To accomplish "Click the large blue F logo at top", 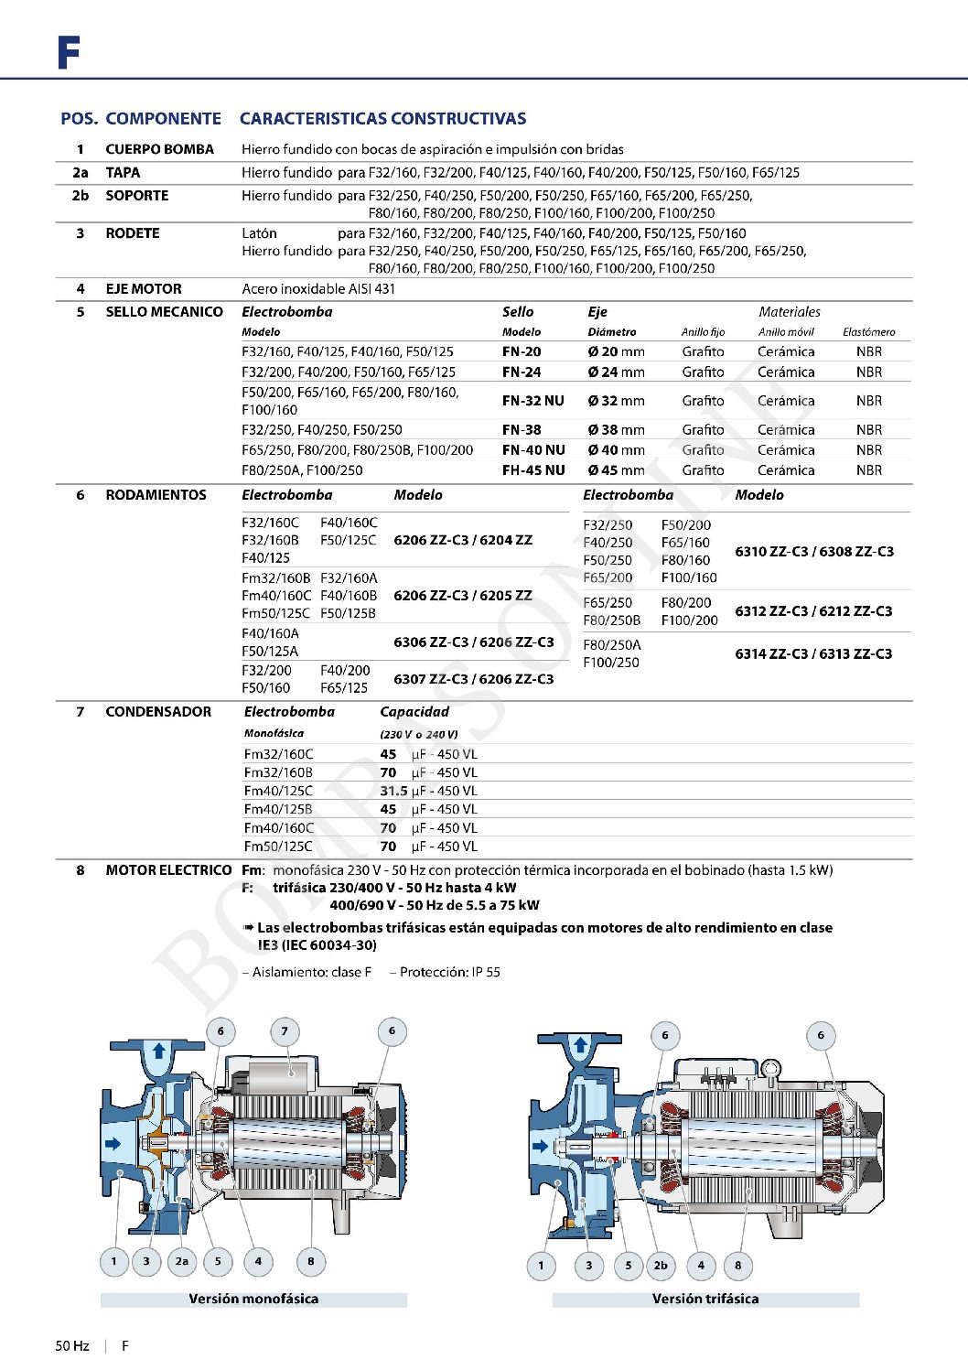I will (x=69, y=53).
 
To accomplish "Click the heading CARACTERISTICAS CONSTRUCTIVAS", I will (x=382, y=119).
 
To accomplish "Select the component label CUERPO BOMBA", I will (x=159, y=149).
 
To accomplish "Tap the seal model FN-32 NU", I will (x=533, y=401).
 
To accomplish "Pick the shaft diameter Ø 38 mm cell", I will (x=616, y=430).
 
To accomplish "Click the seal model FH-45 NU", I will (x=533, y=470).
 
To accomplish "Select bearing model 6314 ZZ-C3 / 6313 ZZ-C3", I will (x=813, y=654).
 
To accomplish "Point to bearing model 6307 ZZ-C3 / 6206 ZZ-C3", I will (x=473, y=679).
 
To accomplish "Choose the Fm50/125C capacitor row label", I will (x=278, y=847).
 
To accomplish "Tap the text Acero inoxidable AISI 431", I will (x=318, y=289).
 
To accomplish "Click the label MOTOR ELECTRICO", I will (x=168, y=870).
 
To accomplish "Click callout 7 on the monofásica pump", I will (x=285, y=1031).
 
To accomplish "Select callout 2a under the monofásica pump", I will (x=182, y=1261).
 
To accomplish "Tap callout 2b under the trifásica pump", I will (x=661, y=1266).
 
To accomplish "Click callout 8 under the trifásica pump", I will (x=738, y=1266).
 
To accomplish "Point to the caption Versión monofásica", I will (x=253, y=1299).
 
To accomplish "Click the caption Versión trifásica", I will (x=705, y=1299).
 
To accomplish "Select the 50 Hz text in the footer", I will (x=72, y=1346).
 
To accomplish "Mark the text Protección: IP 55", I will (x=449, y=972).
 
